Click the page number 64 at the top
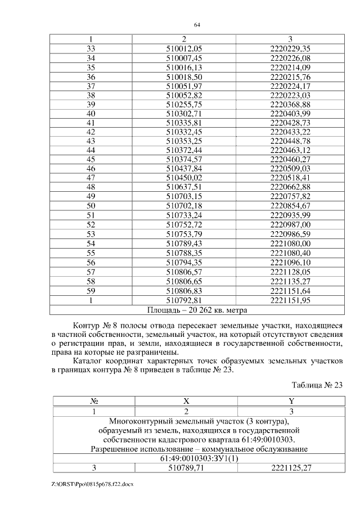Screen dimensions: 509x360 pyautogui.click(x=197, y=25)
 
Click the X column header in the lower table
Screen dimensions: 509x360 pyautogui.click(x=186, y=402)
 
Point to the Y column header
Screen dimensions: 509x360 pyautogui.click(x=290, y=402)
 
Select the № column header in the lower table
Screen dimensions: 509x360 pyautogui.click(x=94, y=402)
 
